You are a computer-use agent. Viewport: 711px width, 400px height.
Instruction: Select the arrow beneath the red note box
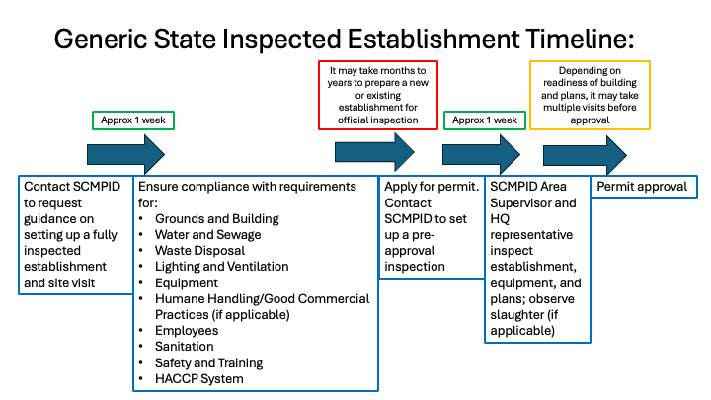pos(374,152)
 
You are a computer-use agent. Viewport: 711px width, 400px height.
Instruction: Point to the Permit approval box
pos(643,187)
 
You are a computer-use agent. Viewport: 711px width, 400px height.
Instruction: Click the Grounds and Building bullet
pos(216,218)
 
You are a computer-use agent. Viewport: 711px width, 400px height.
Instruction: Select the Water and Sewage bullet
pos(207,234)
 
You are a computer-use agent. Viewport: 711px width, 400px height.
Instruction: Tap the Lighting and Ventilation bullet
pos(221,266)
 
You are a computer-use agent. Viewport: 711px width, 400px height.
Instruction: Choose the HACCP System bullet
pos(198,378)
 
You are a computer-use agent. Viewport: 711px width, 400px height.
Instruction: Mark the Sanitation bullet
pos(184,347)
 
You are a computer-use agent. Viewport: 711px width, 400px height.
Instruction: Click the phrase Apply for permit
pos(432,187)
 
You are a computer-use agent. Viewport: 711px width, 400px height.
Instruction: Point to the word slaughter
pos(518,314)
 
